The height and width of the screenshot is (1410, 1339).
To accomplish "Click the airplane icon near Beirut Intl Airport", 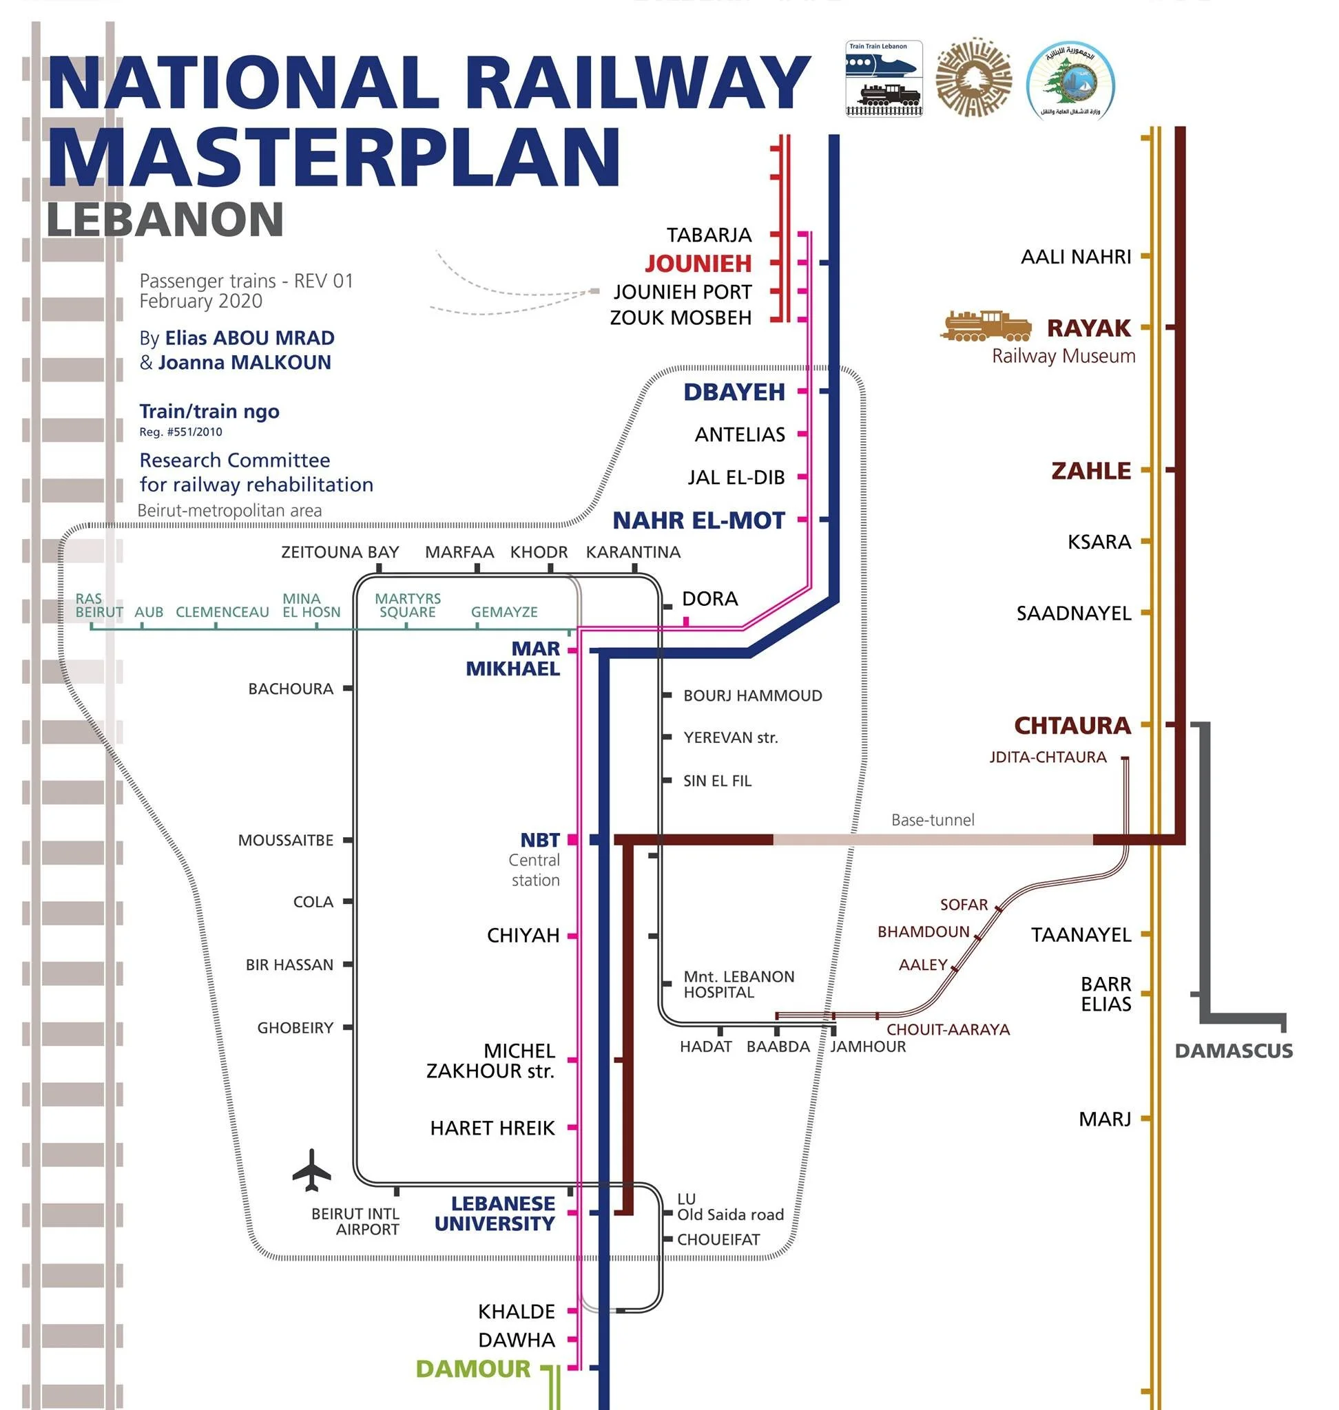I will pyautogui.click(x=312, y=1170).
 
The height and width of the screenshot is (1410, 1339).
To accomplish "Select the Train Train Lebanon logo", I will pyautogui.click(x=884, y=78).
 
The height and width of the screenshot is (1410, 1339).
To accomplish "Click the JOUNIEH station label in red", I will pyautogui.click(x=698, y=263).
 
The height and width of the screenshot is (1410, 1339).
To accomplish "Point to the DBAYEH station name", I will pyautogui.click(x=734, y=392).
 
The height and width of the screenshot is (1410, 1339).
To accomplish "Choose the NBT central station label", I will pyautogui.click(x=539, y=840).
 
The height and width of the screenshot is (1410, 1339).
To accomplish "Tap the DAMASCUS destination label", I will pyautogui.click(x=1234, y=1051).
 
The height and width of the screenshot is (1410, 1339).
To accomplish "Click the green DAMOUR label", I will pyautogui.click(x=473, y=1369).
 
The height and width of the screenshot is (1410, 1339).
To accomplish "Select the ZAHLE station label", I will pyautogui.click(x=1090, y=471).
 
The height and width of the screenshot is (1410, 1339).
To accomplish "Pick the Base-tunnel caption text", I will pyautogui.click(x=932, y=820).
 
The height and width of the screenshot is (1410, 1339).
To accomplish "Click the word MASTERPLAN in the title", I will pyautogui.click(x=333, y=157).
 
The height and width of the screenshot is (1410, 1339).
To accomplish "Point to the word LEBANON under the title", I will pyautogui.click(x=165, y=219).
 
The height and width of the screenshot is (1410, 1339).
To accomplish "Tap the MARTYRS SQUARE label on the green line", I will pyautogui.click(x=408, y=605).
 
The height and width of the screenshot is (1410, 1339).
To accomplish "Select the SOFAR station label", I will pyautogui.click(x=964, y=904).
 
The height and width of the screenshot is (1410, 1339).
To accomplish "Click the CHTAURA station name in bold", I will pyautogui.click(x=1072, y=726).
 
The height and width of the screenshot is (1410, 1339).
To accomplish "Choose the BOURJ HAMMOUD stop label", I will pyautogui.click(x=752, y=696).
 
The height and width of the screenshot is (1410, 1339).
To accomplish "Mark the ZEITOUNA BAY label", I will pyautogui.click(x=340, y=552).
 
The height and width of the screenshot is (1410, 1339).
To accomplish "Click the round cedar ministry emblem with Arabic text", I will pyautogui.click(x=1070, y=79).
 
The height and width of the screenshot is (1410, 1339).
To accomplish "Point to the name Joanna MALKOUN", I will pyautogui.click(x=244, y=363).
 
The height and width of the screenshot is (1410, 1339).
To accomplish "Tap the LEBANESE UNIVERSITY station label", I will pyautogui.click(x=494, y=1213).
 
